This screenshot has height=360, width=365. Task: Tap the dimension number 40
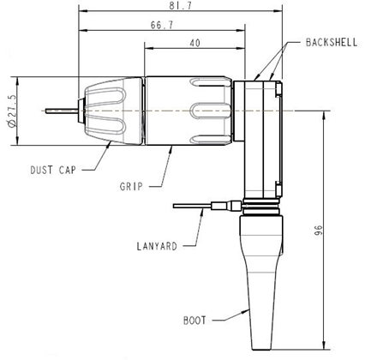[x=195, y=43]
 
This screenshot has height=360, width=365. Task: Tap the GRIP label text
[x=131, y=184]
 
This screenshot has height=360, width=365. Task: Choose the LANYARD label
[x=158, y=246]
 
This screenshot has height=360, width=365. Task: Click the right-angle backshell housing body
[x=260, y=137]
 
